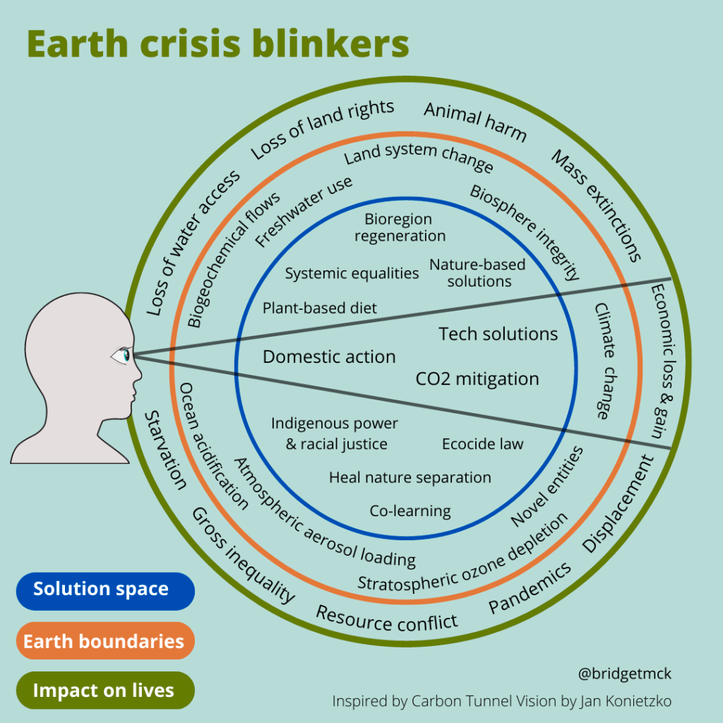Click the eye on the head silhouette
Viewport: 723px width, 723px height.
[122, 355]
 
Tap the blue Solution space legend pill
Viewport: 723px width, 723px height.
[104, 590]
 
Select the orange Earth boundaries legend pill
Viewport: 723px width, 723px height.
[104, 641]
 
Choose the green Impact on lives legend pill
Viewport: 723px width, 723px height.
[104, 691]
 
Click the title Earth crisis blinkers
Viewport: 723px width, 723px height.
[217, 44]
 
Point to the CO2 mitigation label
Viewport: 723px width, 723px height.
[477, 379]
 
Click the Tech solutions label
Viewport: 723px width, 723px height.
[498, 334]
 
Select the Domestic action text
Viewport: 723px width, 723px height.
[329, 357]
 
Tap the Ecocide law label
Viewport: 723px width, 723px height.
[482, 444]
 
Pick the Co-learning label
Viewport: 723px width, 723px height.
[410, 510]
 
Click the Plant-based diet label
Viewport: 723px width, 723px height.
[320, 308]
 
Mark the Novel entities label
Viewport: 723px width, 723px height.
[548, 486]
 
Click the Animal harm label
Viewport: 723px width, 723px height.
[475, 121]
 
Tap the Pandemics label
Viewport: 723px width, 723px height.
[530, 588]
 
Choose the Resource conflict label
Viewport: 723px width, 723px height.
[386, 619]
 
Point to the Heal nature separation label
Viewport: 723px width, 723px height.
[410, 478]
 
